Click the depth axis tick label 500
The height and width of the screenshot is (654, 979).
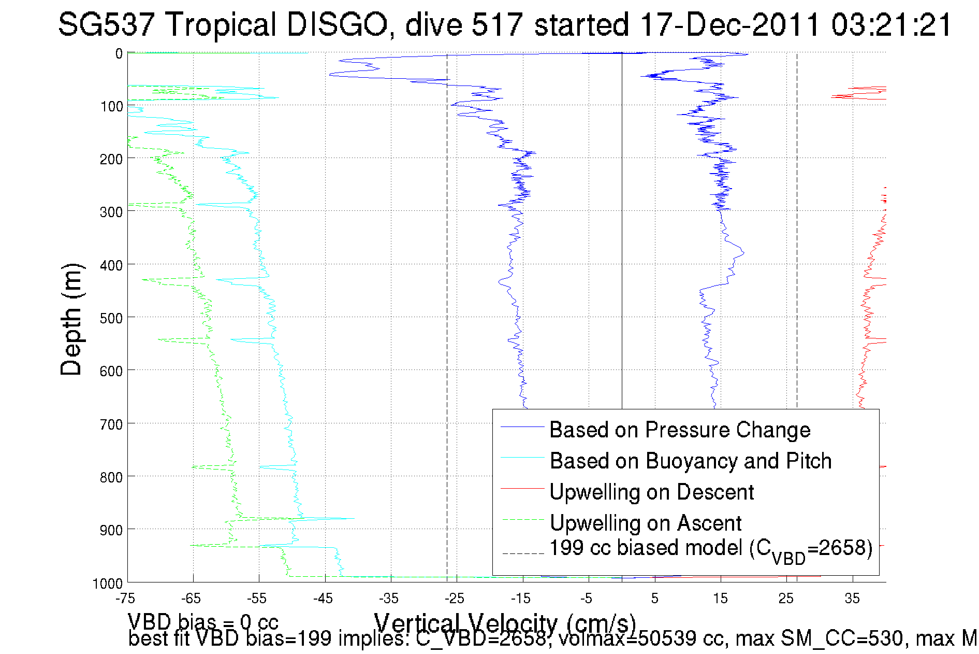(x=111, y=318)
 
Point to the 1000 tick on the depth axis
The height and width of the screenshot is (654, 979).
(x=108, y=584)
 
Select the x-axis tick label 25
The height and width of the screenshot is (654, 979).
(x=786, y=599)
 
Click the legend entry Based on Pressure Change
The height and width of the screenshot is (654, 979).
(x=680, y=430)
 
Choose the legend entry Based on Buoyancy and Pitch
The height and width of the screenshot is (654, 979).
(x=690, y=461)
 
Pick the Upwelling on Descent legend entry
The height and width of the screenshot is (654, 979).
(x=651, y=492)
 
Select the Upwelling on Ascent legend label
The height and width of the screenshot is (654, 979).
(x=645, y=523)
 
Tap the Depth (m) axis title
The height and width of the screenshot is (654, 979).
(x=71, y=319)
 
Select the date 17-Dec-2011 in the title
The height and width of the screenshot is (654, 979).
(x=729, y=24)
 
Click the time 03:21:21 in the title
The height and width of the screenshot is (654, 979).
(x=891, y=24)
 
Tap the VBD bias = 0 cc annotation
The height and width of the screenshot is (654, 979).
(x=203, y=621)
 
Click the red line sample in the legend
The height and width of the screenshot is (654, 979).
(x=522, y=488)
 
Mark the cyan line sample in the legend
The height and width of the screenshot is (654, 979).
(x=522, y=457)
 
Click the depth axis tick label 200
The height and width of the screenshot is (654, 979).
(x=111, y=159)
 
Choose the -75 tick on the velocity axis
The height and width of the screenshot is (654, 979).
(x=125, y=599)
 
